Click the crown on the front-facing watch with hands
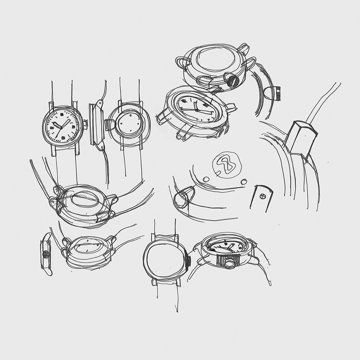85,124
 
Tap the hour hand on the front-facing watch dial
57,126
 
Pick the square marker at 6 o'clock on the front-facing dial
62,138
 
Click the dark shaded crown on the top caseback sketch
233,80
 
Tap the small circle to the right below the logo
244,182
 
